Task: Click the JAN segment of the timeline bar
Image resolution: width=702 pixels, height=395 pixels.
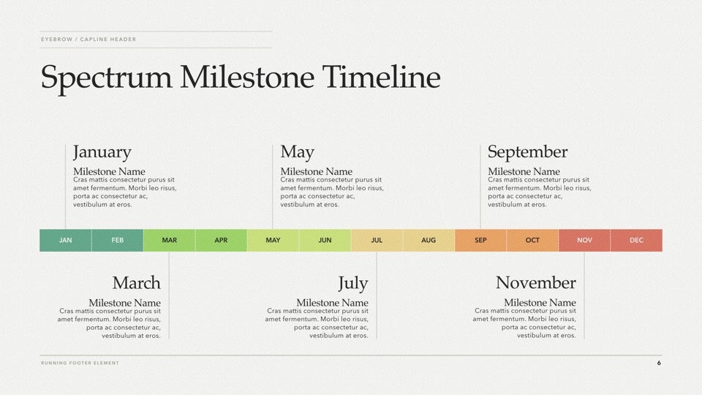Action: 65,240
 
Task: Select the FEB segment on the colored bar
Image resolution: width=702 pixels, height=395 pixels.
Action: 117,240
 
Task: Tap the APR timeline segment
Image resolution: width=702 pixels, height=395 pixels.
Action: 221,240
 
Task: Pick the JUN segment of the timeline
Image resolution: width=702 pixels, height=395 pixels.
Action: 325,240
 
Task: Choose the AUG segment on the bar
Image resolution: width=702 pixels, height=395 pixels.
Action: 429,240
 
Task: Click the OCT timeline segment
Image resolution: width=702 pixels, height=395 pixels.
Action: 532,240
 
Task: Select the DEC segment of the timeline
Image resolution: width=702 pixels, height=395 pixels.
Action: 636,240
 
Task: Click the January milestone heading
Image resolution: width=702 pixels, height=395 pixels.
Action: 102,152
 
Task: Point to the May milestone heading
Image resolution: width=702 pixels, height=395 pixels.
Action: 298,152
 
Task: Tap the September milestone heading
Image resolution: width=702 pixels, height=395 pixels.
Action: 527,152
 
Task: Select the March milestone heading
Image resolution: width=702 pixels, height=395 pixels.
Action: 136,282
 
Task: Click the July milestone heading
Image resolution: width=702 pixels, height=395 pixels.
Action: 352,284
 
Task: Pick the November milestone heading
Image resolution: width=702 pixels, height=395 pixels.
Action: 535,282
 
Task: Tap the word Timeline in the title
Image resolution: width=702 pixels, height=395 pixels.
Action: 381,77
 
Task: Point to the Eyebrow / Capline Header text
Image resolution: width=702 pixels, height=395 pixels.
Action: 88,39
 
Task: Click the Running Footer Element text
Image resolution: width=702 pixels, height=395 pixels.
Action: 80,363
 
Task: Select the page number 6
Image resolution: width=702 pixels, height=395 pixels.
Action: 659,363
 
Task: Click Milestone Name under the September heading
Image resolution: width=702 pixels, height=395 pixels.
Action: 524,171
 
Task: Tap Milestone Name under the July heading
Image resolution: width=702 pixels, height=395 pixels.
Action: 332,303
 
